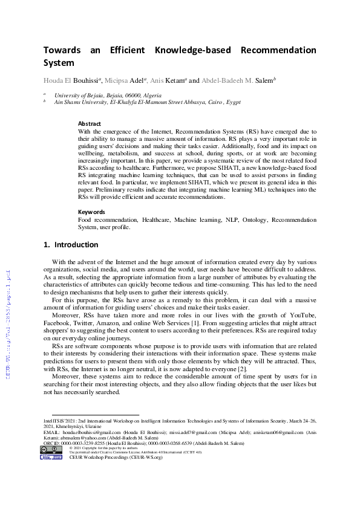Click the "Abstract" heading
(90, 123)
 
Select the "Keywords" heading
(91, 212)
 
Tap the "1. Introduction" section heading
(71, 245)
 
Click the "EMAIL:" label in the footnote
(51, 433)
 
